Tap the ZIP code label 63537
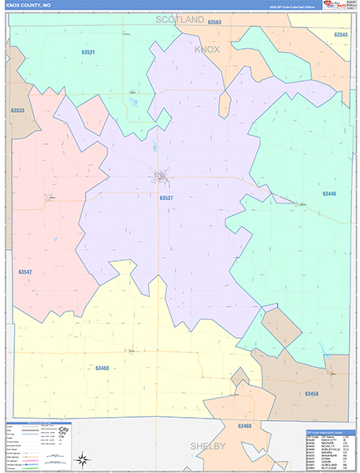166,198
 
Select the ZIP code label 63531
88,52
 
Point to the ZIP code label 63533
17,110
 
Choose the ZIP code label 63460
102,367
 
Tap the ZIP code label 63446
328,193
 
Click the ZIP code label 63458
312,392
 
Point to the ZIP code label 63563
214,23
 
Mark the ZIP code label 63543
340,35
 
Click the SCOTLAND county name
180,19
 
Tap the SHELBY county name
208,446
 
